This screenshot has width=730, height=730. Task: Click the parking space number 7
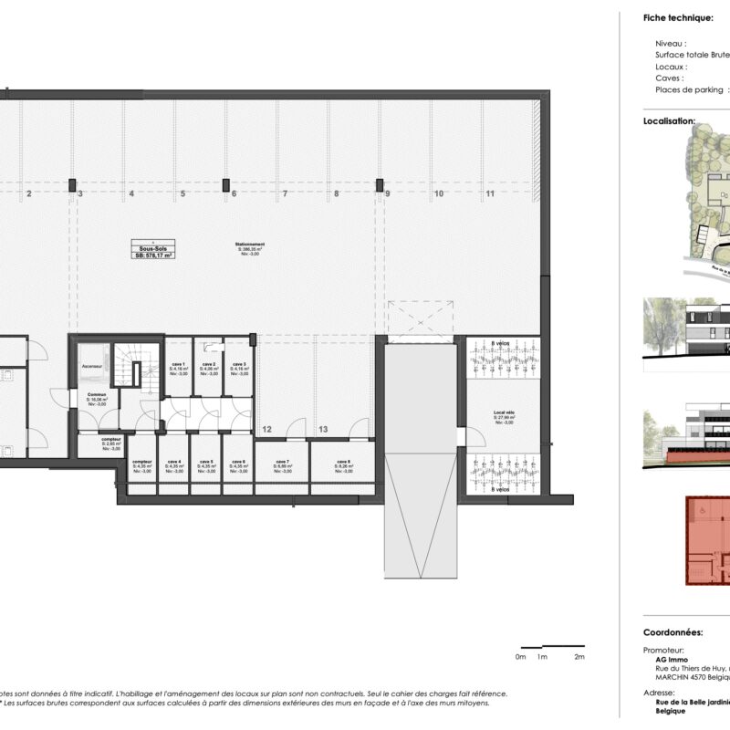[x=285, y=194]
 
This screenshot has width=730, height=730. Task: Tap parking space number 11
[x=490, y=194]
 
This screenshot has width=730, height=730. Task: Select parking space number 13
[x=323, y=428]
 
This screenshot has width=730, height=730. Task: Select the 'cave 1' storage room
[x=177, y=368]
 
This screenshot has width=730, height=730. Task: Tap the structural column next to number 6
[x=225, y=185]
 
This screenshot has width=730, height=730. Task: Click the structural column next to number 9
[x=379, y=185]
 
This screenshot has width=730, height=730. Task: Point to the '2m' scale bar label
[x=579, y=657]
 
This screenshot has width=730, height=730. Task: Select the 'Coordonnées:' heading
[x=673, y=631]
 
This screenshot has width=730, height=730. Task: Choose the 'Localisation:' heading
[x=669, y=120]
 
